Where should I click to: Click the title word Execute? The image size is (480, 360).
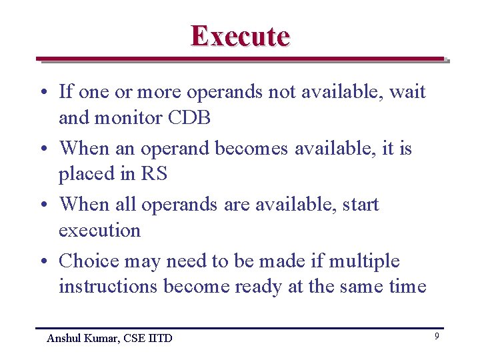pyautogui.click(x=240, y=36)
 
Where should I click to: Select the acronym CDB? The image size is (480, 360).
pyautogui.click(x=189, y=119)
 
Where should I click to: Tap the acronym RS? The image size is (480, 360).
pyautogui.click(x=154, y=175)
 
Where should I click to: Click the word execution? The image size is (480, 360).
pyautogui.click(x=99, y=231)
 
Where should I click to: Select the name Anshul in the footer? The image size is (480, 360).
pyautogui.click(x=65, y=338)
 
